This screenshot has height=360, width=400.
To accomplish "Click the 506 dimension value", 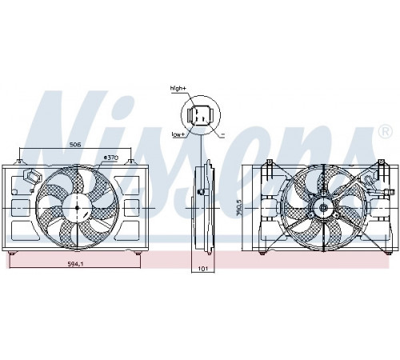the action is click(75, 145).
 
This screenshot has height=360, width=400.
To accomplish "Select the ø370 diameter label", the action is click(110, 158).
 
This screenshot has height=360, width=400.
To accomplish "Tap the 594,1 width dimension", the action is click(75, 264).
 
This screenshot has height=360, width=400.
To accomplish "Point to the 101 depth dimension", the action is click(203, 269).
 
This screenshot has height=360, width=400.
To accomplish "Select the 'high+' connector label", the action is click(178, 88).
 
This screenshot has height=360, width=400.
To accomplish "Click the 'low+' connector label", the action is click(178, 134).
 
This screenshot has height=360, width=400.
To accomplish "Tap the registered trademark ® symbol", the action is click(386, 132).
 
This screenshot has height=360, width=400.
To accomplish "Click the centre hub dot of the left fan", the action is click(77, 208).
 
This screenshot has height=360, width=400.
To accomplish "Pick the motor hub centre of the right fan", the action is click(323, 208).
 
